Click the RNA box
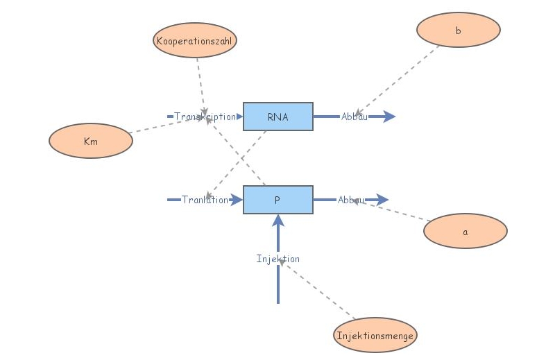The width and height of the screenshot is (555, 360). pyautogui.click(x=277, y=117)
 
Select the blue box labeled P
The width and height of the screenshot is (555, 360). pyautogui.click(x=277, y=200)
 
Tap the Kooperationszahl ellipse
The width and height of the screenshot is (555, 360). pyautogui.click(x=195, y=41)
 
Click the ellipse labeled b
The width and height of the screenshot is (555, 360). pyautogui.click(x=459, y=30)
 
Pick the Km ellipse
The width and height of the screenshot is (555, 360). pyautogui.click(x=90, y=141)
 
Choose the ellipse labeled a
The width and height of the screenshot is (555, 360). pyautogui.click(x=465, y=231)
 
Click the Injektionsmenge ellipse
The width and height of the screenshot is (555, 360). pyautogui.click(x=375, y=336)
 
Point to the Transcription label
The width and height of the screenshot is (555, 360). pyautogui.click(x=205, y=117)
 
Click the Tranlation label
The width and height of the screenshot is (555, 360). pyautogui.click(x=205, y=200)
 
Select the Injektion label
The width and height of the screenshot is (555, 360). pyautogui.click(x=277, y=259)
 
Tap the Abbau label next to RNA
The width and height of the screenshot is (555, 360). pyautogui.click(x=354, y=117)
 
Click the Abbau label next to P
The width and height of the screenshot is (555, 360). pyautogui.click(x=351, y=200)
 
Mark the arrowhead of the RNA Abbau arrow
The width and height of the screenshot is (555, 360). pyautogui.click(x=390, y=117)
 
